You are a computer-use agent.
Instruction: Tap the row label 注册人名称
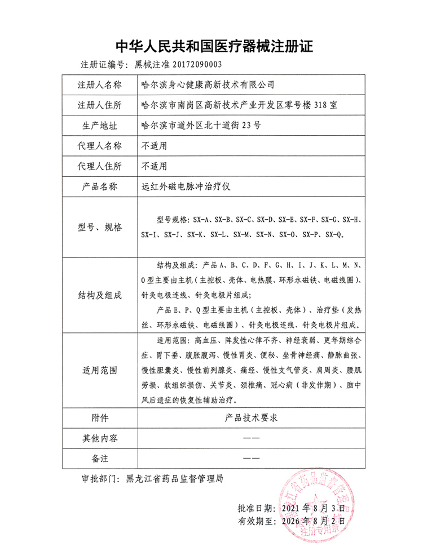pos(99,85)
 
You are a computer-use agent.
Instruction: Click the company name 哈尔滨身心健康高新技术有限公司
pos(207,85)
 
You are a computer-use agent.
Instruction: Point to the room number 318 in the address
pos(321,105)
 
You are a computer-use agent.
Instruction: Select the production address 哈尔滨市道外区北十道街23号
pos(200,126)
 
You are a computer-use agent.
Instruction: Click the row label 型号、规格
pos(99,227)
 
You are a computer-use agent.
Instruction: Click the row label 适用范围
pos(99,371)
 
